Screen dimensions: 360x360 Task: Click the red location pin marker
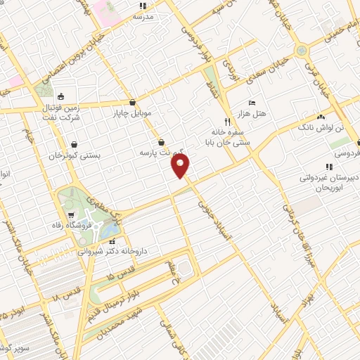point(181,166)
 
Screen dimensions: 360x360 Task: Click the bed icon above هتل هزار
point(252,103)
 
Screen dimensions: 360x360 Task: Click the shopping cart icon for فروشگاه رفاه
point(71,214)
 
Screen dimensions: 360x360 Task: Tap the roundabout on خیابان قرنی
point(302,51)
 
